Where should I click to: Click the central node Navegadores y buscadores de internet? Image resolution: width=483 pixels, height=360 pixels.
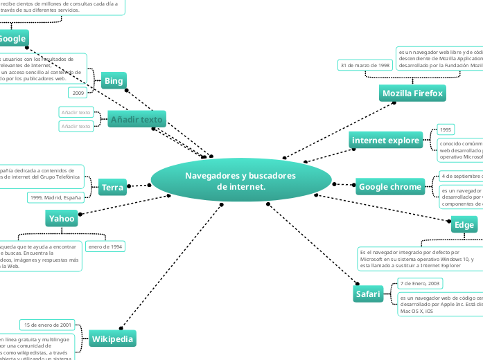(x=240, y=181)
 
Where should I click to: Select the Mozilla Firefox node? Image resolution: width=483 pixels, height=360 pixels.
(x=412, y=93)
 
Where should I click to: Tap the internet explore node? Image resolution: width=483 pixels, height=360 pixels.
(x=386, y=141)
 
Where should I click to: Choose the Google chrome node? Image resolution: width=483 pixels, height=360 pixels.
(x=390, y=186)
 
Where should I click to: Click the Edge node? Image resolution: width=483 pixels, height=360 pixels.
(x=464, y=225)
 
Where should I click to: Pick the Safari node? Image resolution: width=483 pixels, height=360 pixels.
(x=368, y=294)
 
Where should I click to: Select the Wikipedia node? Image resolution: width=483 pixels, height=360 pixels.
(x=112, y=339)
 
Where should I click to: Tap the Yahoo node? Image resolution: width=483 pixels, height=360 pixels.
(x=62, y=219)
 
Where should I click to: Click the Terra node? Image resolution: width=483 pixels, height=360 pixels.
(x=112, y=188)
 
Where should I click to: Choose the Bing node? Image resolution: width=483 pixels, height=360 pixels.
(x=114, y=81)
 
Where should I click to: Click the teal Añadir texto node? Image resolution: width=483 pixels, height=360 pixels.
(x=137, y=120)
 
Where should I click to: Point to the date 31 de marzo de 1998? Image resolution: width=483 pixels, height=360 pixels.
(x=365, y=65)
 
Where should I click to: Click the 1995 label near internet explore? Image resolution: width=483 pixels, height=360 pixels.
(x=446, y=129)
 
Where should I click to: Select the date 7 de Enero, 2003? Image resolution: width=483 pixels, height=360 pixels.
(x=420, y=283)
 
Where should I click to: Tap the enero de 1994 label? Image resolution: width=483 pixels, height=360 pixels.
(x=105, y=246)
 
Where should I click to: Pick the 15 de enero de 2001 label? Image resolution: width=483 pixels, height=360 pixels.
(x=48, y=325)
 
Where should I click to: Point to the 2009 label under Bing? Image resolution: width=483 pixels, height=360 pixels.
(x=78, y=92)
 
